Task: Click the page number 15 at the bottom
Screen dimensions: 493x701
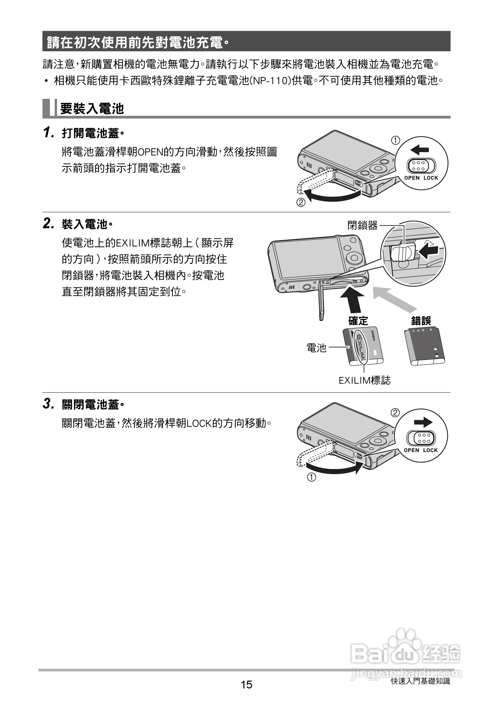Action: pos(246,684)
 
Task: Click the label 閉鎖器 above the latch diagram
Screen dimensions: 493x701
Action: pos(362,225)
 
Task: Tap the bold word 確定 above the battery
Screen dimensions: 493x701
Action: pos(358,321)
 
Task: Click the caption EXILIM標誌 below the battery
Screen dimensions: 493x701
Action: pos(365,380)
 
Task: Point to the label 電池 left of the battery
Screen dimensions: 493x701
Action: pos(316,347)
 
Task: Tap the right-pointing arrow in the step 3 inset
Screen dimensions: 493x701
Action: pos(423,422)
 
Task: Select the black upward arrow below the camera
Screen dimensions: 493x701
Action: pos(352,299)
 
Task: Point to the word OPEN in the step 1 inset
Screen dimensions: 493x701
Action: pos(412,178)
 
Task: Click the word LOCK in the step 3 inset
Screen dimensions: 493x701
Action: pos(431,450)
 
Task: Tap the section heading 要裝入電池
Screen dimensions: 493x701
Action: pos(92,109)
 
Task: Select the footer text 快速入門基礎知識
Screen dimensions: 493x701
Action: pos(420,681)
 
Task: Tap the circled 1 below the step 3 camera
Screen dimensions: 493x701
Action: pos(312,477)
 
